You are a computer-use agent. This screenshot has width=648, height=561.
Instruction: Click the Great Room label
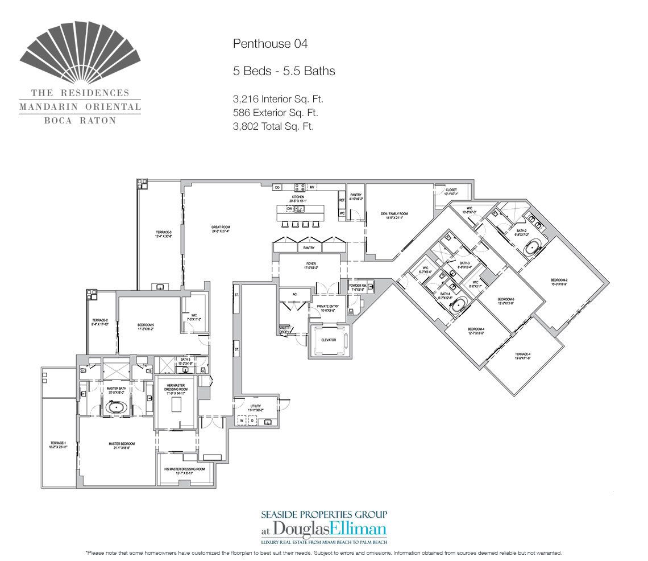[x=220, y=229]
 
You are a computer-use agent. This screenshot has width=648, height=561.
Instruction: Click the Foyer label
[x=310, y=264]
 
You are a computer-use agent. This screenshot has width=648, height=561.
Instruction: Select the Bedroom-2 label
[x=559, y=281]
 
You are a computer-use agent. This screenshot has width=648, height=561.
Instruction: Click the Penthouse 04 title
[x=270, y=43]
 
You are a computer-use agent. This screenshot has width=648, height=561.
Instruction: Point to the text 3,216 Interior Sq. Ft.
[x=278, y=99]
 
